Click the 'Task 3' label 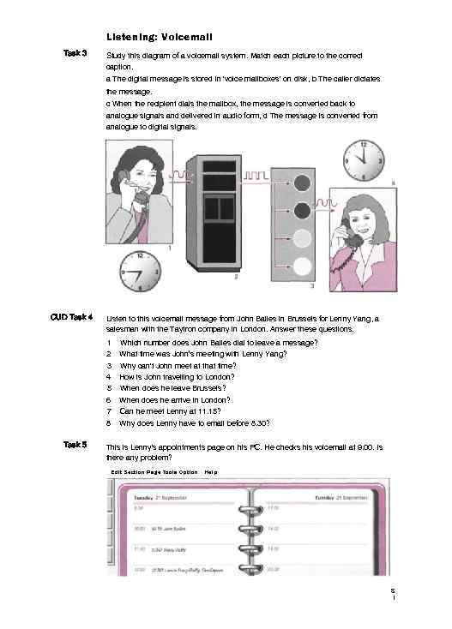coord(75,54)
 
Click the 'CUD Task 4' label coord(71,317)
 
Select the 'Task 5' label coord(75,444)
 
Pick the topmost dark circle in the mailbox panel coord(302,182)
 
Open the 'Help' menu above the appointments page coord(211,472)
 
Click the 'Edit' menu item coord(116,472)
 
